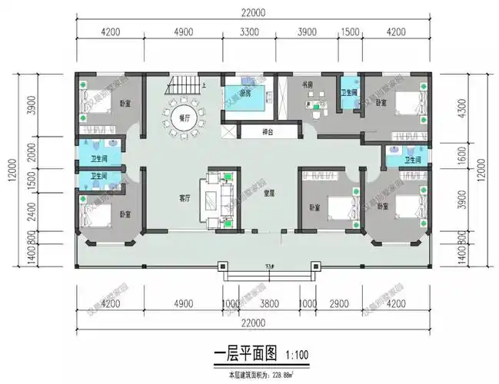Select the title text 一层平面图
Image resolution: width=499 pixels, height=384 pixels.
click(x=243, y=356)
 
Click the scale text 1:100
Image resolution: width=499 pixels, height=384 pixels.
click(x=298, y=356)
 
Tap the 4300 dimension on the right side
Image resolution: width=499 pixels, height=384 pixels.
click(x=481, y=110)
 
